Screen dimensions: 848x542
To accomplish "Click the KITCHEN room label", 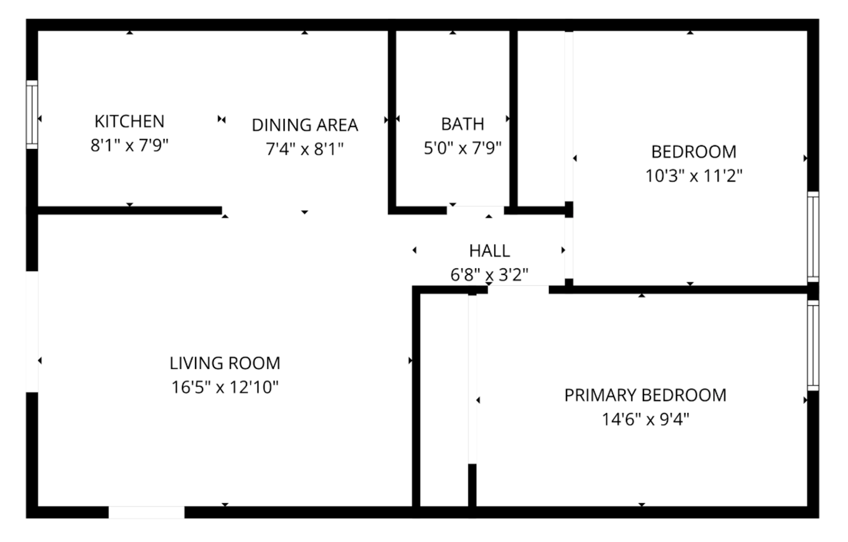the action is [x=129, y=121].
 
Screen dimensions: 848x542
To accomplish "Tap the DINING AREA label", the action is [x=305, y=125].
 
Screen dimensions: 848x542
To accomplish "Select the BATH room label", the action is [x=463, y=124].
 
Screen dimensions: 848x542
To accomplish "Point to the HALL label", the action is [x=489, y=251].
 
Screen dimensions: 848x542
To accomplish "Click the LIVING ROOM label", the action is [x=225, y=363].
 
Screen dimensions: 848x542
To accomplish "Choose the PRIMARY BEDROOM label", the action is [x=645, y=395].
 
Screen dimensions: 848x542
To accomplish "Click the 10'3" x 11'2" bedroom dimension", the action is [x=694, y=176].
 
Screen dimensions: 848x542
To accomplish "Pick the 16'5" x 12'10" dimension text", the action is [x=225, y=387].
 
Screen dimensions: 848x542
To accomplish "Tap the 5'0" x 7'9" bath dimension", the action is [x=463, y=148].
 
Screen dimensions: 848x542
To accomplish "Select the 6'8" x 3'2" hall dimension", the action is [x=489, y=274].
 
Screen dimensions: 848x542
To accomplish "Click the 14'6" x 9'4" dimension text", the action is [x=645, y=419].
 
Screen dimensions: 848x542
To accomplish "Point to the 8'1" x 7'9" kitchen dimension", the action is [x=129, y=145].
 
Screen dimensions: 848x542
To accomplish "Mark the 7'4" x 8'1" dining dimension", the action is [x=305, y=149].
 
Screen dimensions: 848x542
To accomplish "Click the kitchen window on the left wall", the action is [x=32, y=114].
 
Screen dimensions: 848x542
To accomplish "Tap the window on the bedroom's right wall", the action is [x=813, y=237].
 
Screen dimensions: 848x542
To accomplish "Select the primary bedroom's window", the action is [x=813, y=345].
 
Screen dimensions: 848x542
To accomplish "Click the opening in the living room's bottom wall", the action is [x=146, y=512].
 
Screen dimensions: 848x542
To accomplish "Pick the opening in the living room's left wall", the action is [x=32, y=332].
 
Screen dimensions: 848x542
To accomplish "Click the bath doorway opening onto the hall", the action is [x=475, y=210].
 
